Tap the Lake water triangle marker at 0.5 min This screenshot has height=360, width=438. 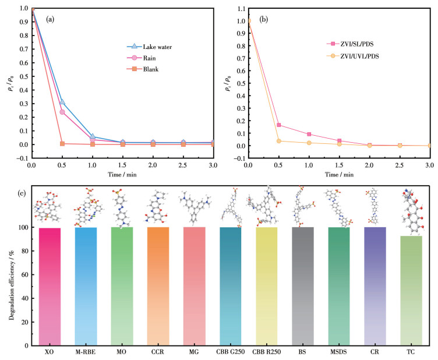coord(62,102)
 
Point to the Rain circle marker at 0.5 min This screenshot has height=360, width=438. coord(62,112)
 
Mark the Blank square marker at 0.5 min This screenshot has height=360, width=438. coord(62,143)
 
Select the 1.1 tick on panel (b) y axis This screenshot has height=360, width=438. coord(241,9)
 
